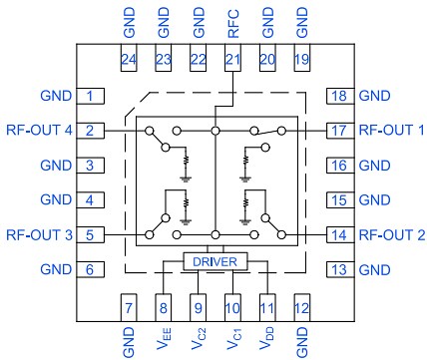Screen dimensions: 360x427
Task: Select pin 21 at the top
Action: click(232, 60)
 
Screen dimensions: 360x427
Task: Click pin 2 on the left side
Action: click(90, 131)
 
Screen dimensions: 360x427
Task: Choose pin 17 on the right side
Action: click(339, 131)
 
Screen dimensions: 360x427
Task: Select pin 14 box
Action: click(339, 235)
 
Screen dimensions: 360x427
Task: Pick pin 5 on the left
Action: click(90, 235)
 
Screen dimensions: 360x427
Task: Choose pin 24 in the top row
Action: click(128, 60)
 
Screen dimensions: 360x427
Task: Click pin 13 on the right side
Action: click(339, 270)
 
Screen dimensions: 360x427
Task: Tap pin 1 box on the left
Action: click(90, 96)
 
